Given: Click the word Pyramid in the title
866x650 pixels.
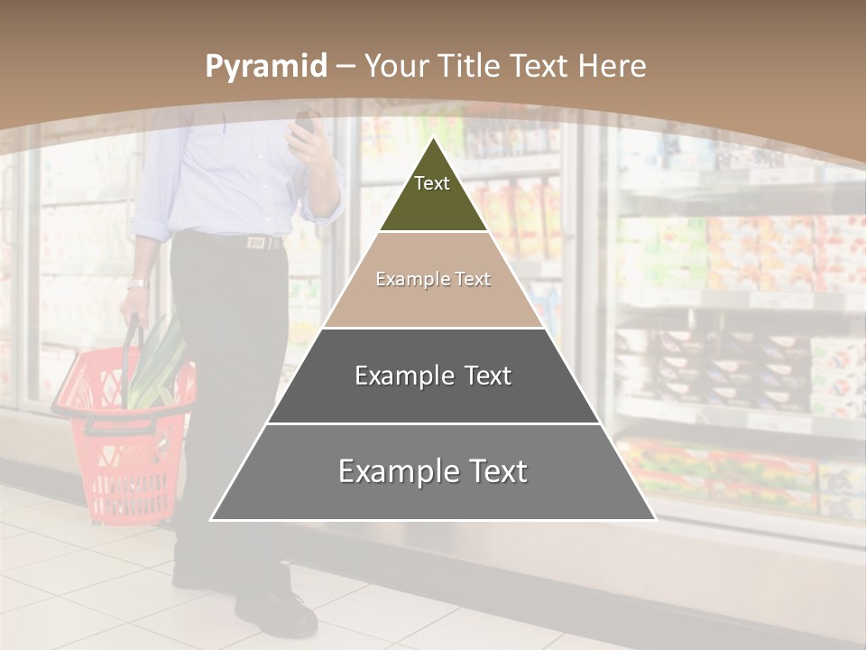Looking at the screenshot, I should (x=265, y=66).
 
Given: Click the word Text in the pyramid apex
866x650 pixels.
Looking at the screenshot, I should (x=432, y=183).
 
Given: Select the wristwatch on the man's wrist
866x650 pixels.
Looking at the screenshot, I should (x=136, y=283).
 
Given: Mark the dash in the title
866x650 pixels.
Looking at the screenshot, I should (x=345, y=67).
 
